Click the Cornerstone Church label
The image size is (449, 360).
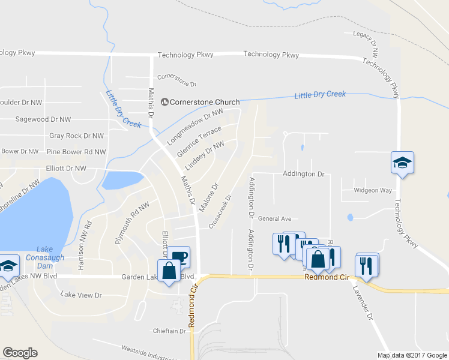[x=204, y=102]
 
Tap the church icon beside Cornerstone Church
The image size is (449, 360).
[x=163, y=102]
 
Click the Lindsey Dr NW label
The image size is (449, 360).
[x=205, y=154]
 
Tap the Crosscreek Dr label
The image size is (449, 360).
[x=220, y=211]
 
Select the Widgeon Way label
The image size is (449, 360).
[x=372, y=190]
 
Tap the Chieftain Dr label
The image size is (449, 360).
[x=170, y=331]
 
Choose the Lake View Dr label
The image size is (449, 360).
[x=82, y=295]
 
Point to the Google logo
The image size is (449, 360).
[x=20, y=352]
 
